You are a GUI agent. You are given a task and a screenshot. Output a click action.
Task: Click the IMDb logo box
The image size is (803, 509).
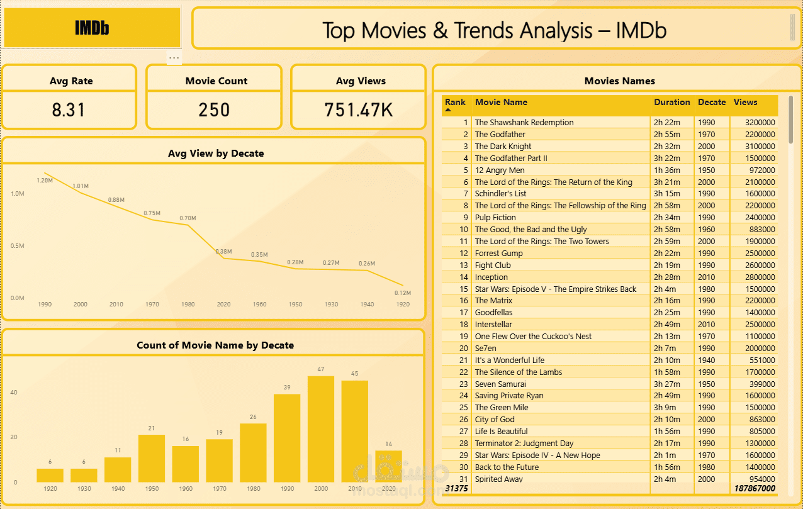click(x=92, y=28)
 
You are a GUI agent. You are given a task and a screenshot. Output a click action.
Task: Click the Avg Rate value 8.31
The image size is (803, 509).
click(x=69, y=110)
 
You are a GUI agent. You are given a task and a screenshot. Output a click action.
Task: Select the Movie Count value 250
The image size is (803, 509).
click(x=214, y=110)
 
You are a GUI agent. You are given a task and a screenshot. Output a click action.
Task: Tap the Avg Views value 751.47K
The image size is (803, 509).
click(x=359, y=110)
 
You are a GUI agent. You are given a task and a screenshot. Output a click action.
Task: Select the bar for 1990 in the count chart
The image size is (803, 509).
click(x=287, y=438)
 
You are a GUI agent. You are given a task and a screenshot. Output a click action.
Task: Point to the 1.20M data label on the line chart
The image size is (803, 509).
click(x=45, y=181)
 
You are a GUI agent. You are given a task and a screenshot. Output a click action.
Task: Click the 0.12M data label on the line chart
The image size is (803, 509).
click(x=403, y=293)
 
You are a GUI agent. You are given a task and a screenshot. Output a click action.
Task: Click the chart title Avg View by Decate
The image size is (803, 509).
click(x=216, y=154)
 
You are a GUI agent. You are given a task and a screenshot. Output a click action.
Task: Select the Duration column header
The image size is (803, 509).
click(x=671, y=102)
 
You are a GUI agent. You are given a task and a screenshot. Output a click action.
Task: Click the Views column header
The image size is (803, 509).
click(x=745, y=102)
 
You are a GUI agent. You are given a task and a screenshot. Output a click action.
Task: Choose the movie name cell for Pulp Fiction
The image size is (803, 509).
click(x=495, y=218)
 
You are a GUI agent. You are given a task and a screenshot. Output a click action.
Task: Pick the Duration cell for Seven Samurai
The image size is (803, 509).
click(x=667, y=384)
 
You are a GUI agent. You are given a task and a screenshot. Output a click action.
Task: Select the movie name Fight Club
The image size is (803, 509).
click(x=493, y=266)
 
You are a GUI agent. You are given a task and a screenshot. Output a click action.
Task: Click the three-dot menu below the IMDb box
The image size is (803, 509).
click(x=174, y=58)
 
